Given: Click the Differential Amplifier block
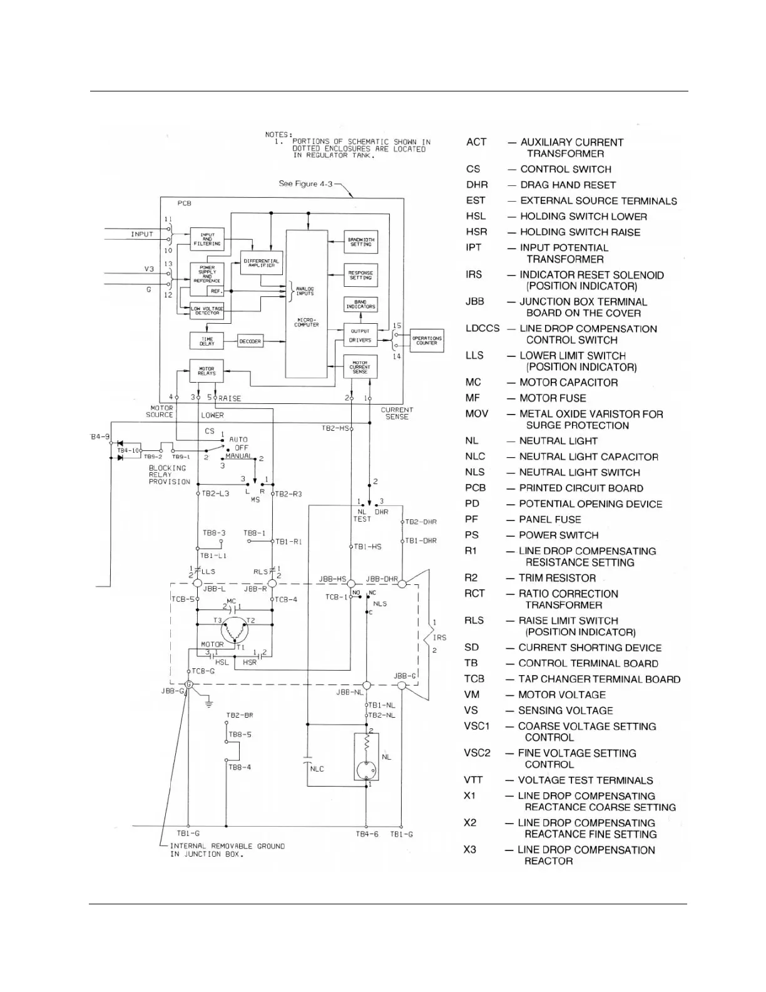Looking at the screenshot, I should click(x=262, y=263).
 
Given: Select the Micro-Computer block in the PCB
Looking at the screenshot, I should click(x=307, y=304).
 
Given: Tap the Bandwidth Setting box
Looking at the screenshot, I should click(x=360, y=242).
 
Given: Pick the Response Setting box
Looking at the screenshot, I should click(x=360, y=275).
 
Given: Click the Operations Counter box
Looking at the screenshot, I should click(x=427, y=341).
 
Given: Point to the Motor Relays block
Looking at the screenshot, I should click(x=207, y=371).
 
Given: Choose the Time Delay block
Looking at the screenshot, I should click(x=207, y=341).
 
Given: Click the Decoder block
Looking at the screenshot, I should click(x=250, y=341).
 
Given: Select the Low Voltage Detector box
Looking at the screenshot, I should click(x=207, y=311).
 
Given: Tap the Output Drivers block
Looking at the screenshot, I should click(x=360, y=336).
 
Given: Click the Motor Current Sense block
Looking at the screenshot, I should click(x=360, y=367).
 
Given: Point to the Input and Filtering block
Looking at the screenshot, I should click(x=207, y=239).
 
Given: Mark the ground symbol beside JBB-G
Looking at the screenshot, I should click(x=208, y=703).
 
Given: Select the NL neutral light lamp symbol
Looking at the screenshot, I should click(x=367, y=770).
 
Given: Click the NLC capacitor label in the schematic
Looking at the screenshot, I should click(x=317, y=768).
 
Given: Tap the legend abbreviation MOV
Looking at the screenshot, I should click(x=476, y=414).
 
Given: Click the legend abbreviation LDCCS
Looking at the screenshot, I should click(x=483, y=329).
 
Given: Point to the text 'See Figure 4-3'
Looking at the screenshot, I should click(x=305, y=184).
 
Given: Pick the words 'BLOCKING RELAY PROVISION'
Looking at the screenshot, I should click(x=169, y=475).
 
